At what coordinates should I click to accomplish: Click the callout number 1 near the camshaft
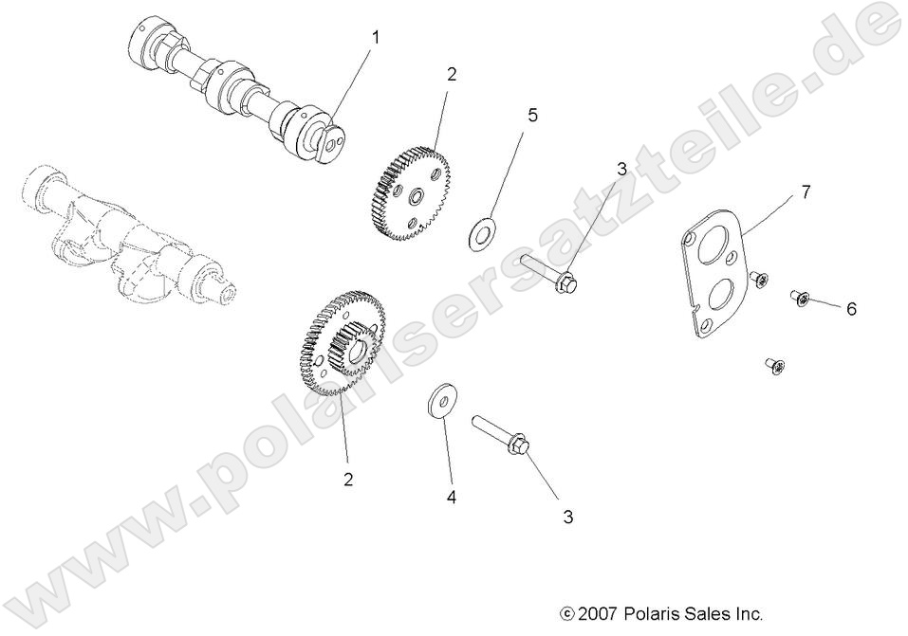click(x=376, y=38)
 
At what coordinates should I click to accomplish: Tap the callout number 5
click(x=532, y=115)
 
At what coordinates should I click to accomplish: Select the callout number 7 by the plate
click(x=805, y=192)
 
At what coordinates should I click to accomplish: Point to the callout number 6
click(x=851, y=309)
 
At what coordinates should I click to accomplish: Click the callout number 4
click(x=452, y=497)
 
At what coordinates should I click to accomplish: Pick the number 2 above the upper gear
click(x=452, y=75)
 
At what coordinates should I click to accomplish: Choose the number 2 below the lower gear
click(x=348, y=480)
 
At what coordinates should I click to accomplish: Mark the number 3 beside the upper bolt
click(x=621, y=170)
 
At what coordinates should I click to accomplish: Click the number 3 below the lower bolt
click(x=568, y=517)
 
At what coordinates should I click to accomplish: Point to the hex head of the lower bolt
click(x=522, y=444)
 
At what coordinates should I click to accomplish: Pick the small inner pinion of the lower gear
click(x=352, y=349)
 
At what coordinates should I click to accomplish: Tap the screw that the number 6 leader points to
click(x=799, y=300)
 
